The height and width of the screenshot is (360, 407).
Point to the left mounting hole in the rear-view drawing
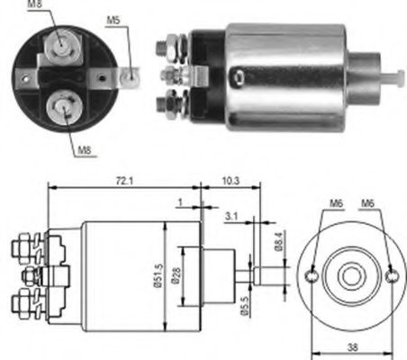312,275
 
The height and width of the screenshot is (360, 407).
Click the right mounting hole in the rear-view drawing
393,275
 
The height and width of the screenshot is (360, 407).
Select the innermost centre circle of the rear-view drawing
352,275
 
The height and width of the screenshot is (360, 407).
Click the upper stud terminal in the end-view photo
59,42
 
